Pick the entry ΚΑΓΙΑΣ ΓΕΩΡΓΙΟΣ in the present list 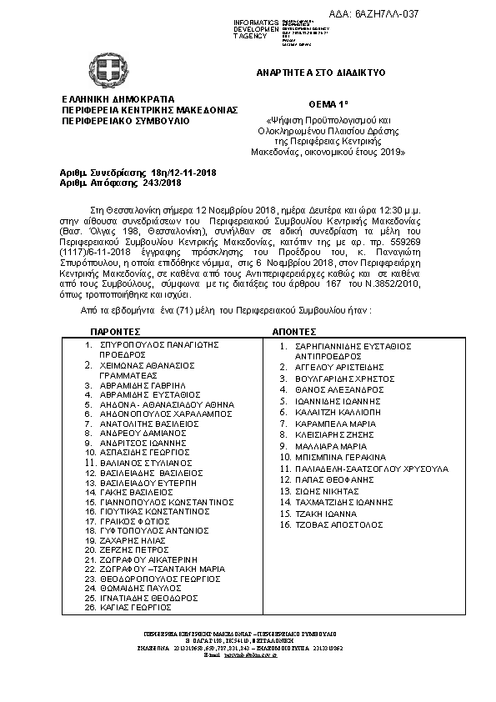point(135,609)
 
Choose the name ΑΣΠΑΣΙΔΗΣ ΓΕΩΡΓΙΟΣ point(141,451)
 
